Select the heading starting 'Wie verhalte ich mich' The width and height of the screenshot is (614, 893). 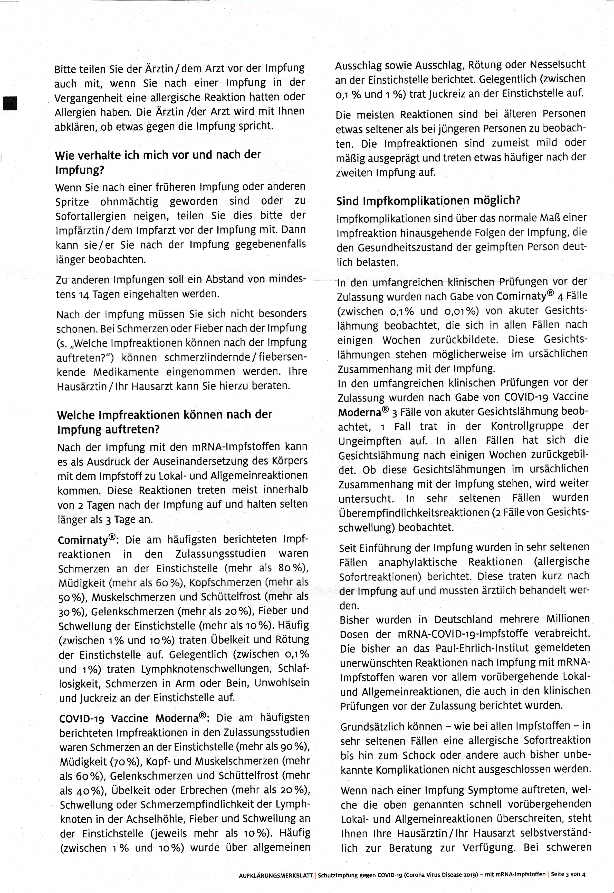pos(158,162)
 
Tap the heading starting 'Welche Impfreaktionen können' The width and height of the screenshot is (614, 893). pos(164,422)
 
